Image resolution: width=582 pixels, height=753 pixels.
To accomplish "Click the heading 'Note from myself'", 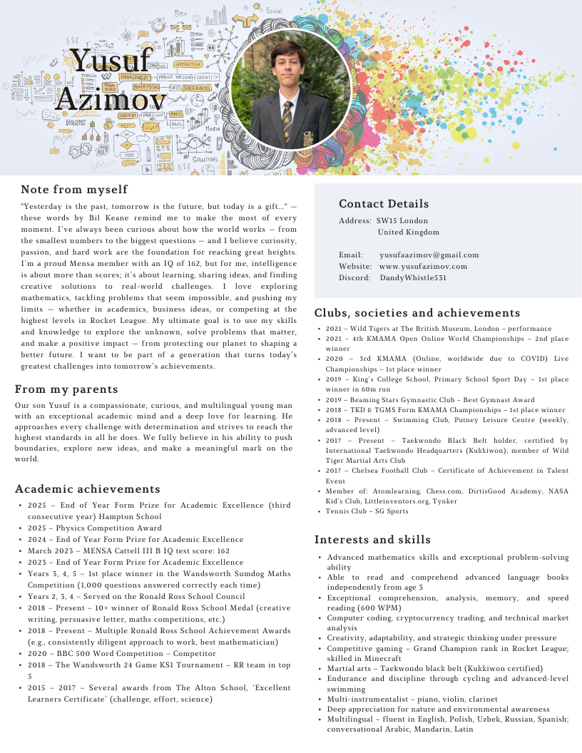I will (74, 190).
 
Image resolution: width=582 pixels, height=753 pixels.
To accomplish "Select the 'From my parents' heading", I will (66, 389).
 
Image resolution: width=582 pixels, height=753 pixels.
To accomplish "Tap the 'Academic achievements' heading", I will (88, 489).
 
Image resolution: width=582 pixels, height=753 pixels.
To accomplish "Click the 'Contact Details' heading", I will (384, 204).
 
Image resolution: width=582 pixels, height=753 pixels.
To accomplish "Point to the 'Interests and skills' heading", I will (372, 539).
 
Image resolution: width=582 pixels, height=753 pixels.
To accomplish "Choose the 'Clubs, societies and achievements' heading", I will (417, 313).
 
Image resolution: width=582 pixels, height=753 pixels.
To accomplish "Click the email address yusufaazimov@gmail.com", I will (429, 255).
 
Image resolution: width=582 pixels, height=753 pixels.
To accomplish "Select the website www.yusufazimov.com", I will (423, 266).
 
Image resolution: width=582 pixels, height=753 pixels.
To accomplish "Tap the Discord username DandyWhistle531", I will (413, 277).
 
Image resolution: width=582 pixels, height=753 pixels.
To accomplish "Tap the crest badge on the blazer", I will (308, 136).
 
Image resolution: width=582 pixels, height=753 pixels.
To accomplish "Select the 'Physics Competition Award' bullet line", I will (95, 528).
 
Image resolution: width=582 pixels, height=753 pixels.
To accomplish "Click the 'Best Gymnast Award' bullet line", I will (430, 400).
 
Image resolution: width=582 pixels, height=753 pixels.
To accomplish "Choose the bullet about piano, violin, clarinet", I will (412, 700).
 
